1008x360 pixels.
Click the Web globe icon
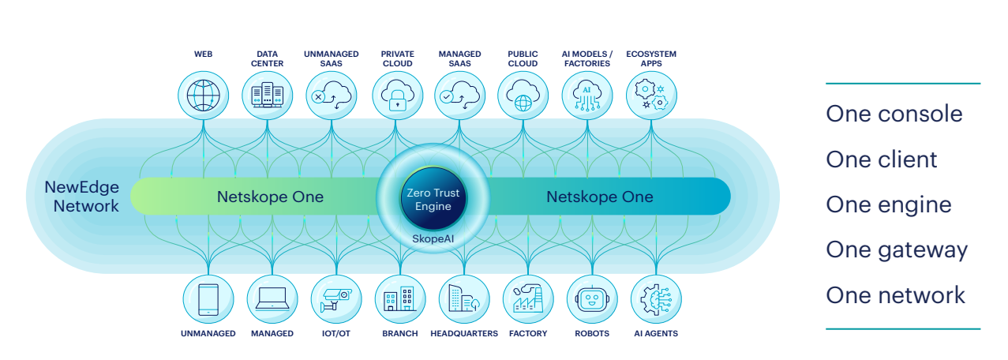tap(203, 96)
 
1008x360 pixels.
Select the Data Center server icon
tap(267, 96)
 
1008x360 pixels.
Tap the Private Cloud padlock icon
tap(397, 96)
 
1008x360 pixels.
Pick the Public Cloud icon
tap(523, 96)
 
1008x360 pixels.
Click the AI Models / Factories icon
tap(586, 96)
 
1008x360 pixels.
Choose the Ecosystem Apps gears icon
tap(651, 96)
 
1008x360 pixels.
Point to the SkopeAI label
tap(429, 238)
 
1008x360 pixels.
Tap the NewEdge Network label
tap(82, 197)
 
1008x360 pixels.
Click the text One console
tap(894, 114)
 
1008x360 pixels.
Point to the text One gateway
tap(896, 250)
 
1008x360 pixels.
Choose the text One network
tap(895, 295)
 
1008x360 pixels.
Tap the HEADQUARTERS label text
tap(464, 334)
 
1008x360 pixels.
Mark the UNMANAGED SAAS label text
tap(331, 58)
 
